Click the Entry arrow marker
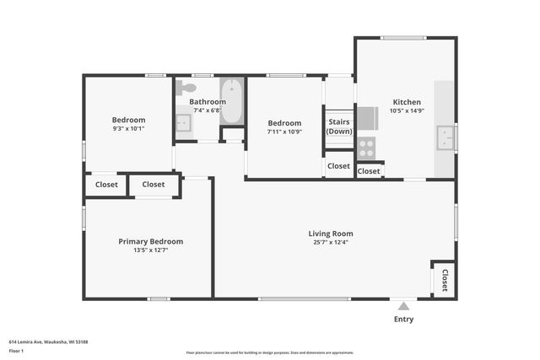click(x=404, y=307)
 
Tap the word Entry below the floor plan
click(x=404, y=320)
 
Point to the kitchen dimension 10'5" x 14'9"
click(x=405, y=110)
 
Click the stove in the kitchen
click(x=366, y=148)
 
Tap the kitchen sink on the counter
click(x=445, y=137)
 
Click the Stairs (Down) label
click(x=339, y=126)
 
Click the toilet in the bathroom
click(x=187, y=87)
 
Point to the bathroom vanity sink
click(x=184, y=123)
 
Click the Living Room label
click(x=330, y=234)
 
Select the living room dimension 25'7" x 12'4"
click(x=330, y=243)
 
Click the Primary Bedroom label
click(x=150, y=241)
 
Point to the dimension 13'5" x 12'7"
click(x=150, y=250)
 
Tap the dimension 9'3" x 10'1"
click(x=129, y=129)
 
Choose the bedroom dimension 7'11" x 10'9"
click(x=284, y=132)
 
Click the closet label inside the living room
click(x=445, y=279)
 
